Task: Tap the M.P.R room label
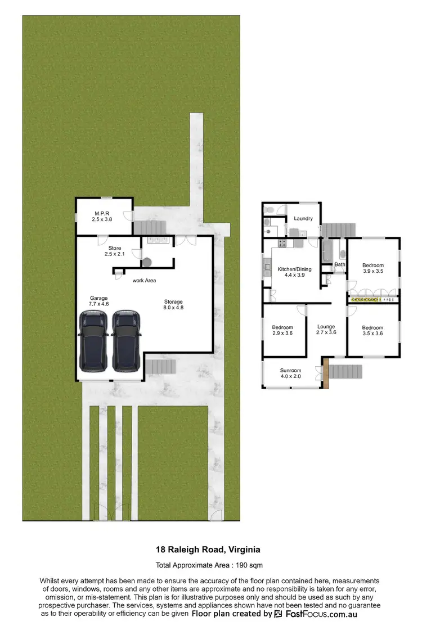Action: tap(102, 215)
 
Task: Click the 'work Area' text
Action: tap(144, 280)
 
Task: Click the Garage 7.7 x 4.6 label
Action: tap(98, 301)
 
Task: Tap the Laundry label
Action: tap(303, 218)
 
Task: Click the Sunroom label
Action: tap(291, 373)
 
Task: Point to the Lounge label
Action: tap(326, 330)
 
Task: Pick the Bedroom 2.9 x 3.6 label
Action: tap(282, 331)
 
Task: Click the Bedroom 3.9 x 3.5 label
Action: tap(372, 268)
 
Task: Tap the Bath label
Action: tap(340, 264)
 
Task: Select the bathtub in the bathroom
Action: tap(327, 250)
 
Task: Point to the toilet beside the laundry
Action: tap(269, 210)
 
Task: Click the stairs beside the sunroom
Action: tap(345, 372)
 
